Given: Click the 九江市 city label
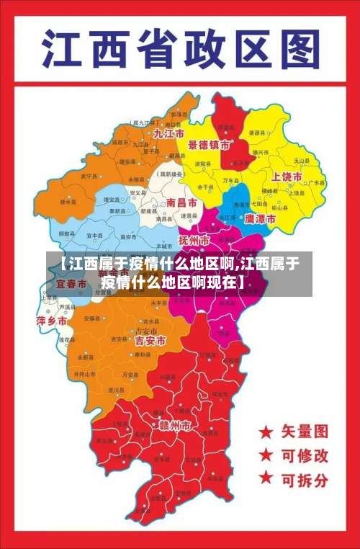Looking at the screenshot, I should (168, 134).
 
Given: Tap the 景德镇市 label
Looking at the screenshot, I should (209, 145).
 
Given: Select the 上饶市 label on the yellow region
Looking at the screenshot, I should (287, 177).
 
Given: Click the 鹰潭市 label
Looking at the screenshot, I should (260, 218).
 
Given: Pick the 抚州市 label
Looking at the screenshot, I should (194, 239).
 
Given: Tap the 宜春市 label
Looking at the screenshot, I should (71, 285).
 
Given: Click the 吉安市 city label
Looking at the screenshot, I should (150, 339).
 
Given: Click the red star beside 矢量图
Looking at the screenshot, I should (266, 432).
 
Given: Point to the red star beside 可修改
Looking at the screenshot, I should (266, 455).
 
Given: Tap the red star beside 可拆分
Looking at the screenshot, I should (266, 478).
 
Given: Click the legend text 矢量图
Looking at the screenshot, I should (305, 432).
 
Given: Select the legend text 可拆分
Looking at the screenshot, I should (305, 478).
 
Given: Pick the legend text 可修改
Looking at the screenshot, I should (305, 455).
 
